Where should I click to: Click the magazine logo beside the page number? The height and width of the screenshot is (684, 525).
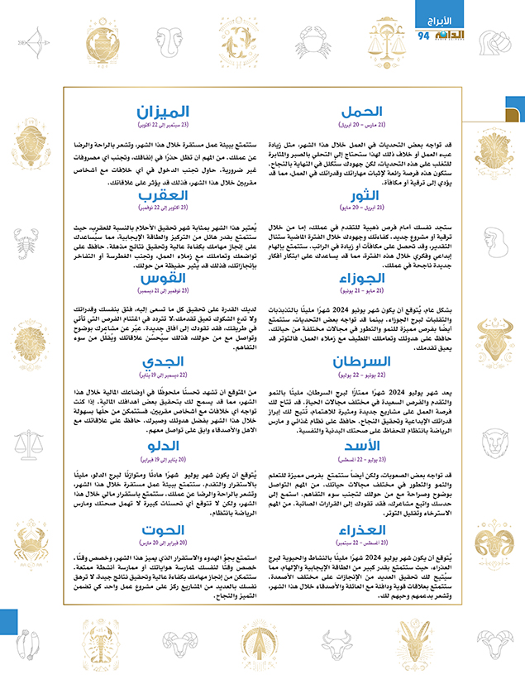(451, 36)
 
